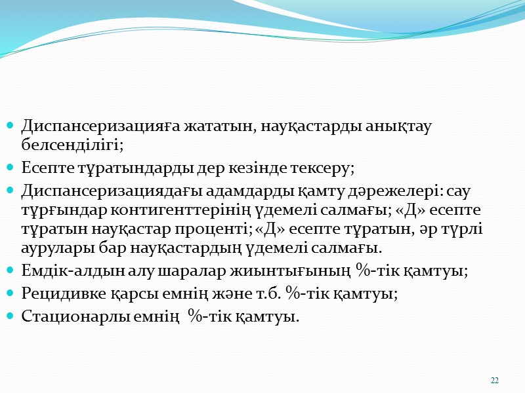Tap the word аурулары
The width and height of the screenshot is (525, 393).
point(50,249)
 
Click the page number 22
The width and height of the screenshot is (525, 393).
point(495,381)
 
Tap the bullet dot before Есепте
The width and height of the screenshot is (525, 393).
point(9,168)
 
